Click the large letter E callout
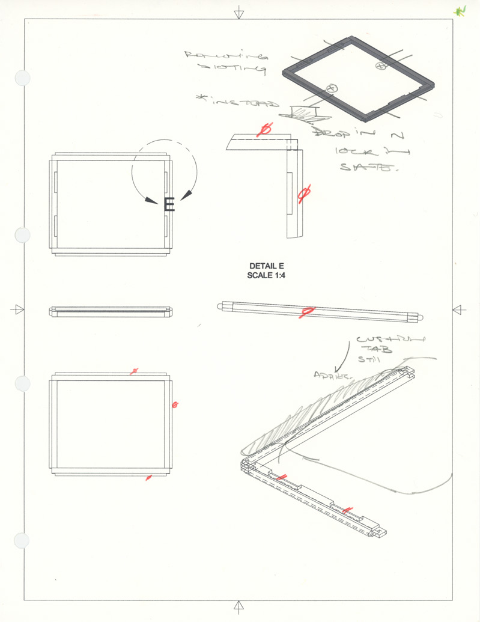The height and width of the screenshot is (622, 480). coord(169,205)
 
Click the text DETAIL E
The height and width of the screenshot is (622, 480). coord(265,266)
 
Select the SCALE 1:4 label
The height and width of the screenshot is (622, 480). coord(265,275)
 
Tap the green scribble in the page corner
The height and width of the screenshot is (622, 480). coord(460,11)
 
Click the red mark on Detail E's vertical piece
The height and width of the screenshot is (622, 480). coord(303,193)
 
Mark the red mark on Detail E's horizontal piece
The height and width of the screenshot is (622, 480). coord(264,130)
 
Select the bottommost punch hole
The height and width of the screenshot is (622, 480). coord(22,540)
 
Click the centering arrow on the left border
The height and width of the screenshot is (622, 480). coord(18,309)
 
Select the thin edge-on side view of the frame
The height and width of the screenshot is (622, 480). coord(111,312)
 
